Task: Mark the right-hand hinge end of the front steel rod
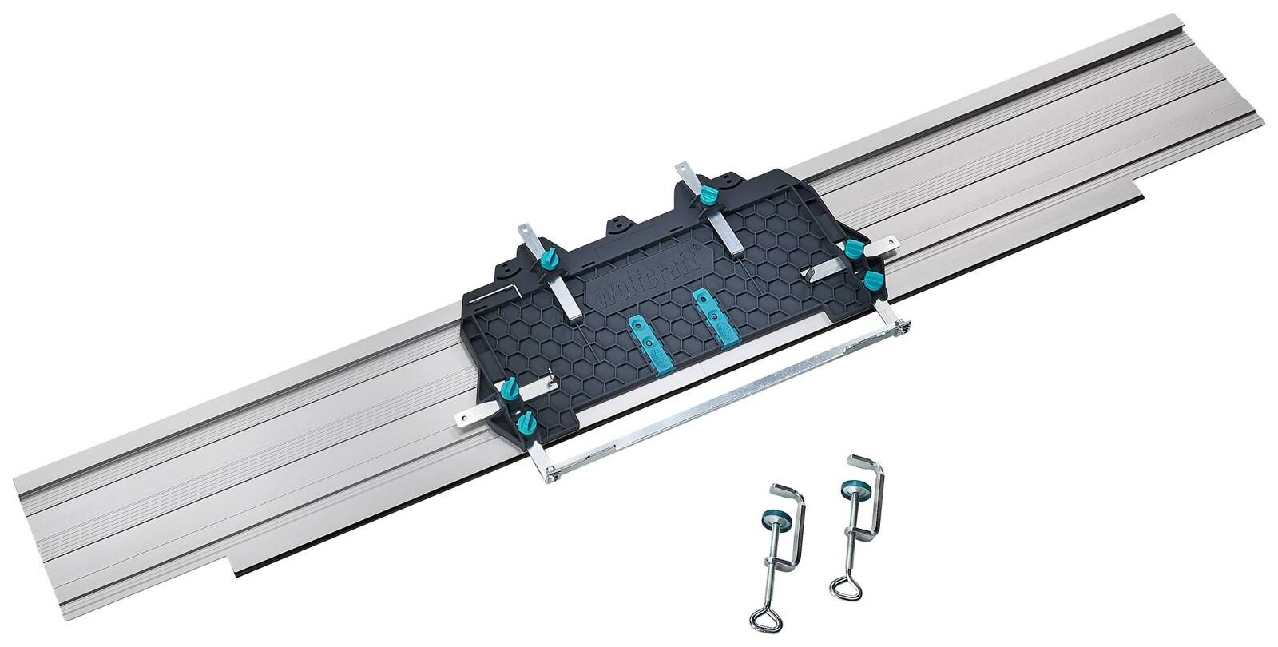coord(903,325)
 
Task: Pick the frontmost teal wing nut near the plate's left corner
coord(526,421)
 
